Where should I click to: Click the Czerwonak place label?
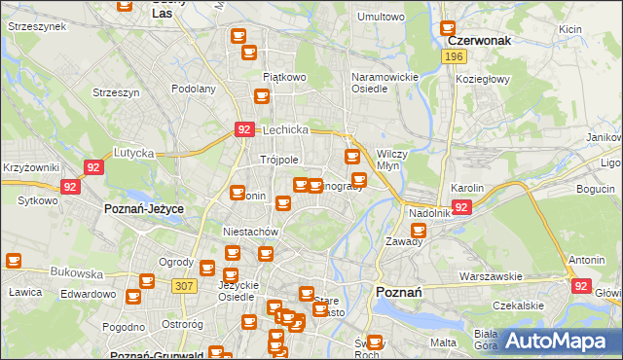[480, 43]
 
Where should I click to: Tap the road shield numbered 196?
[453, 58]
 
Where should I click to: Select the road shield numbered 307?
[182, 285]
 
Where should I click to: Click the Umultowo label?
[381, 17]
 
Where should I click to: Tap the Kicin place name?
[570, 29]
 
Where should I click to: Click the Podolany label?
[193, 89]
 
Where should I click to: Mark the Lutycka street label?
[134, 153]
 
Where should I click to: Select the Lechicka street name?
[285, 129]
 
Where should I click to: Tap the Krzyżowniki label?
[31, 168]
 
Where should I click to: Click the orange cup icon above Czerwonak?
[449, 29]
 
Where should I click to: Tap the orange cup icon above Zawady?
[419, 231]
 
